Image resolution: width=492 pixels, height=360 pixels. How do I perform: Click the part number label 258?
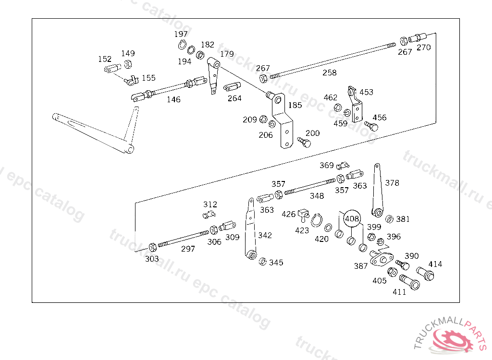point(330,72)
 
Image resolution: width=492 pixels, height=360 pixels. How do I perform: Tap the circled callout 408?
point(352,218)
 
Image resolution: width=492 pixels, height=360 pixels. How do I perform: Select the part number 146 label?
point(173,99)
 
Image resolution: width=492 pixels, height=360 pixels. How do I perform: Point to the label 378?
point(392,183)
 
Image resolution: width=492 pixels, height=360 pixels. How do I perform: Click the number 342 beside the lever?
point(265,235)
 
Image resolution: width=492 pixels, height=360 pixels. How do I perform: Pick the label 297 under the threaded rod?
point(188,249)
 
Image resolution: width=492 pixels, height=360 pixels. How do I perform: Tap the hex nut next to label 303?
point(152,248)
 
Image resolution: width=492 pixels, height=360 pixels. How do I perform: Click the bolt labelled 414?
point(425,274)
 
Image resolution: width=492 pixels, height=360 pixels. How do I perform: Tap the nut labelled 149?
point(128,64)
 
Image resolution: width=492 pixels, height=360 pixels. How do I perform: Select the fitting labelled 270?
point(419,37)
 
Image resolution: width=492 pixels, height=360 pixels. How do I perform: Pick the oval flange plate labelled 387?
point(381,259)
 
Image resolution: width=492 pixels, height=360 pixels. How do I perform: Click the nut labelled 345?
point(263,262)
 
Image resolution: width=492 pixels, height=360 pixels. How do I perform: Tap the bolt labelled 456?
point(371,126)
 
